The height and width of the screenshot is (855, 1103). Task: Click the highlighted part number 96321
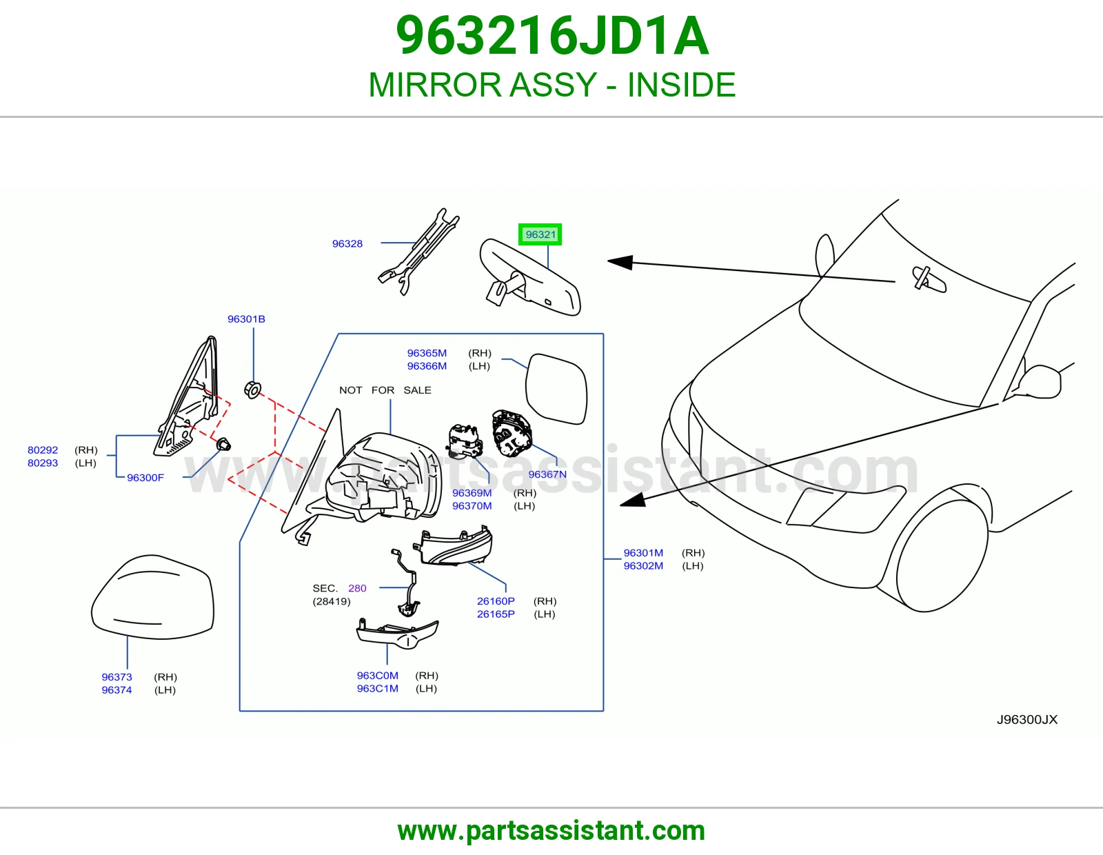click(x=540, y=234)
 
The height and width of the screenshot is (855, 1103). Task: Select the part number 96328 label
click(x=347, y=243)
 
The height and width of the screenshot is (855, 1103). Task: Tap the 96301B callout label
click(x=246, y=319)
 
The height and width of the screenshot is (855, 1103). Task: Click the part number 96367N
click(x=547, y=474)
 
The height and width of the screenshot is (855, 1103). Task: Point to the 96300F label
click(x=145, y=478)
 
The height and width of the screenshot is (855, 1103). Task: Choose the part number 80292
click(x=43, y=450)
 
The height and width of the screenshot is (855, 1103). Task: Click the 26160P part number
click(x=496, y=601)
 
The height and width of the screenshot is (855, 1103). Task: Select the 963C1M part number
click(x=377, y=688)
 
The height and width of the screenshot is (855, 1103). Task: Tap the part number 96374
click(x=117, y=690)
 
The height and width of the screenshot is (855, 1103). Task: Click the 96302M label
click(x=643, y=565)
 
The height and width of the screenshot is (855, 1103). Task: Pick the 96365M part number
click(x=427, y=353)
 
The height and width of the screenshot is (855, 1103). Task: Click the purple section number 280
click(x=357, y=588)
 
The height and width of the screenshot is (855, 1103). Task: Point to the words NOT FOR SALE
click(x=385, y=390)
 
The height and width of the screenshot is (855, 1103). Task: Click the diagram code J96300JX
click(x=1027, y=719)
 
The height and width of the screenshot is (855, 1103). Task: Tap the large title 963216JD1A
click(x=552, y=36)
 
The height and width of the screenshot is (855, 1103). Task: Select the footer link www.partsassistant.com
click(x=551, y=831)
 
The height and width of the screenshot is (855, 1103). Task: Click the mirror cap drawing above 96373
click(x=152, y=596)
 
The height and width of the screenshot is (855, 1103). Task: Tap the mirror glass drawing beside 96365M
click(x=556, y=388)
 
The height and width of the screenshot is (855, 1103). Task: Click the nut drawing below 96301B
click(x=252, y=390)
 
